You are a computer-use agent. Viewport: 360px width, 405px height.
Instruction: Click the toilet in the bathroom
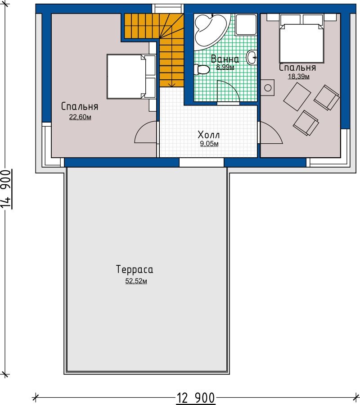(202, 69)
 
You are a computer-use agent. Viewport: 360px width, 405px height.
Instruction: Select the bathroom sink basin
(252, 58)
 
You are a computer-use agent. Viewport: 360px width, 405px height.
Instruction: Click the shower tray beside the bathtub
(246, 24)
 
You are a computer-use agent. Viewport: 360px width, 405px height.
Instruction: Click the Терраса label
(135, 269)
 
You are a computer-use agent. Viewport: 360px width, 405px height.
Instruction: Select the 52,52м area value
(136, 281)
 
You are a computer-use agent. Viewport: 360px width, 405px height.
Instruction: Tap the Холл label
(208, 135)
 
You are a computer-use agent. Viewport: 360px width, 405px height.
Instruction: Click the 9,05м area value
(209, 144)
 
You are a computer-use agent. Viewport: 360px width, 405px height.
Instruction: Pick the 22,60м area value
(80, 117)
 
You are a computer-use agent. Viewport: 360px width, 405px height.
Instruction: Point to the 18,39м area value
(299, 77)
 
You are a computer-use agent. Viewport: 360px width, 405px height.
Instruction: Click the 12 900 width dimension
(195, 398)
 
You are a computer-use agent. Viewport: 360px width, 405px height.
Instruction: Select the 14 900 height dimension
(6, 189)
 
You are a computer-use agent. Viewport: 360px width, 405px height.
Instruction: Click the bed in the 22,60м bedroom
(131, 77)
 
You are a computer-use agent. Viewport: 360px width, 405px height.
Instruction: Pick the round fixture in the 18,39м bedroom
(268, 88)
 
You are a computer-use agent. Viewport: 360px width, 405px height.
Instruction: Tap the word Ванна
(225, 59)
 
